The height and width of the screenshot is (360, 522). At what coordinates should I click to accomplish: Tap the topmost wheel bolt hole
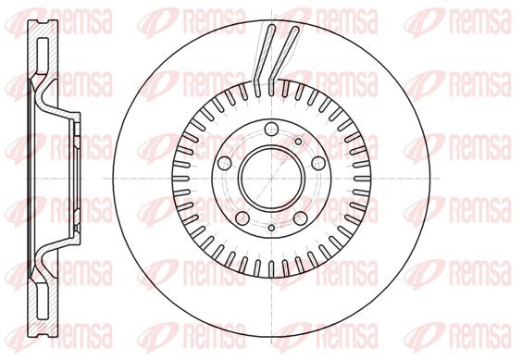tap(272, 129)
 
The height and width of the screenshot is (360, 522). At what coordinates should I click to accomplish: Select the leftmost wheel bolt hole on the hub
tap(224, 163)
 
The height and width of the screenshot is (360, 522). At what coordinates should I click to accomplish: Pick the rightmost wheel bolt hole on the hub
tap(318, 163)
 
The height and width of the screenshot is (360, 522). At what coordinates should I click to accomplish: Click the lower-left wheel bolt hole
tap(242, 218)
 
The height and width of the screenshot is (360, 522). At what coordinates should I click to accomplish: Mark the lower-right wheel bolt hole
tap(301, 218)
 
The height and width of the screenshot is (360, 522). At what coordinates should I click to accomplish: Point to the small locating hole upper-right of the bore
tap(299, 142)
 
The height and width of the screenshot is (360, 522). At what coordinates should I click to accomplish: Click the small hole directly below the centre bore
tap(272, 228)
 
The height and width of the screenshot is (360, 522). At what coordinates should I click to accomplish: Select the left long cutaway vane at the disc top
tap(264, 60)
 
